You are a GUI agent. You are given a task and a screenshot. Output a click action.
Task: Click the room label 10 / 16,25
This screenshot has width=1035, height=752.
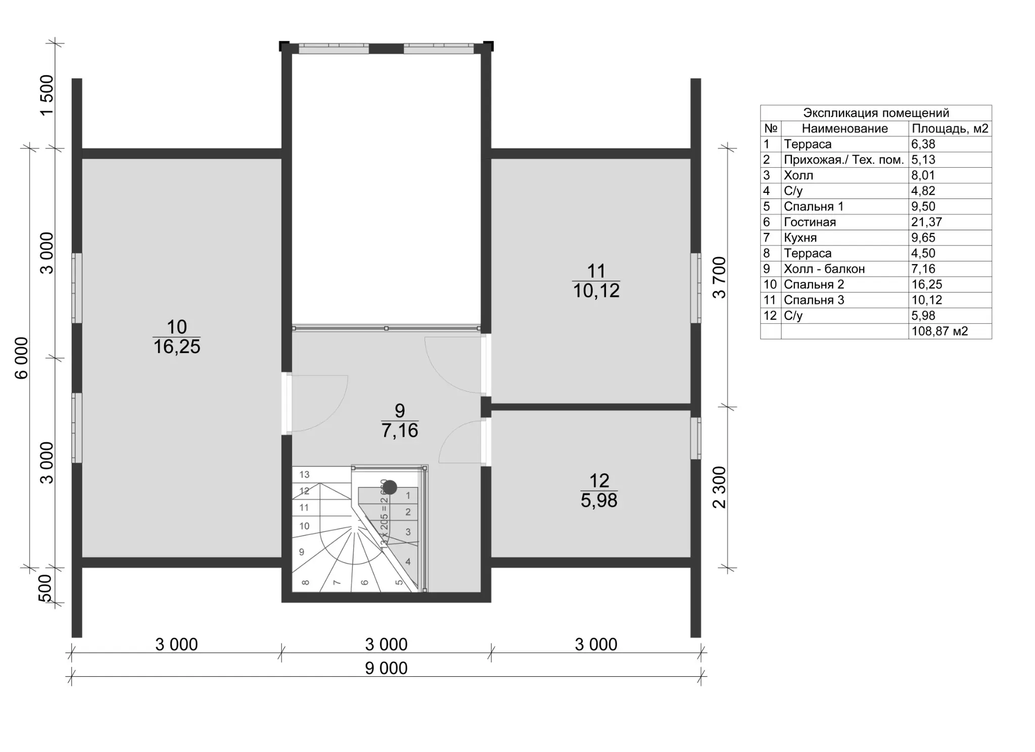[x=177, y=336]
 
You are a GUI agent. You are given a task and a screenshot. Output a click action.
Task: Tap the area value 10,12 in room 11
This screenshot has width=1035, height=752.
[x=596, y=291]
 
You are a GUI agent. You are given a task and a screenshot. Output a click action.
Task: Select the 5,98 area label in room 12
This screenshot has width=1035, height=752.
[x=599, y=500]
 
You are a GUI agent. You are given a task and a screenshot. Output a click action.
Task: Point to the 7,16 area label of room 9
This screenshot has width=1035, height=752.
[x=400, y=430]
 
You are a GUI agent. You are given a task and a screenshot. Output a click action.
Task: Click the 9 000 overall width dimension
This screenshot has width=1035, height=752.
[x=387, y=668]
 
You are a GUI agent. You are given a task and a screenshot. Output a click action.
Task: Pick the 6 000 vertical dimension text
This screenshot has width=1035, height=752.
[x=22, y=358]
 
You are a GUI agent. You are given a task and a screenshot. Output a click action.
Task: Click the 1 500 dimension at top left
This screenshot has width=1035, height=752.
[x=46, y=95]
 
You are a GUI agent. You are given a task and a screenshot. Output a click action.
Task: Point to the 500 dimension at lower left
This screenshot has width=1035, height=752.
[x=45, y=588]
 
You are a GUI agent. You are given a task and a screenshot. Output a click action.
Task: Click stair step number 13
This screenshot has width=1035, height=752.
[x=304, y=474]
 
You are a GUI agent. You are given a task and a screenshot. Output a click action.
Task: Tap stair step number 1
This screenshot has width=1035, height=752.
[x=408, y=495]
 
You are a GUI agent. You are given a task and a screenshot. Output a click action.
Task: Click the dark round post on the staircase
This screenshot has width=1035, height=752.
[x=390, y=487]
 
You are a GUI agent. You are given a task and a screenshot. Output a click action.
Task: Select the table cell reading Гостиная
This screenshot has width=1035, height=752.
[x=810, y=222]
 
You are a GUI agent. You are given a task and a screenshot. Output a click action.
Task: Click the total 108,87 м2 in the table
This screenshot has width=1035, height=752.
[x=939, y=331]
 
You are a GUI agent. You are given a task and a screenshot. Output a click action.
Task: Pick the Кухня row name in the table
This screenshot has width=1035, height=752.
[x=800, y=238]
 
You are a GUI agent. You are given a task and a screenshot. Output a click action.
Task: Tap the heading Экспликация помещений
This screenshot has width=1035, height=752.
[x=876, y=113]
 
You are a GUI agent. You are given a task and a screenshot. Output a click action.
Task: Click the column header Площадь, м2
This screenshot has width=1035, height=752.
[x=950, y=128]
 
